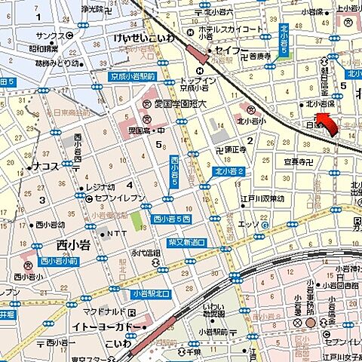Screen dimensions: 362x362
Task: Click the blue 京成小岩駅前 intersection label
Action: pyautogui.click(x=126, y=76)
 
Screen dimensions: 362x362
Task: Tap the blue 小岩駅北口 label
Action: pyautogui.click(x=152, y=293)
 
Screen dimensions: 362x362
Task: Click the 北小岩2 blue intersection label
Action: pyautogui.click(x=229, y=172)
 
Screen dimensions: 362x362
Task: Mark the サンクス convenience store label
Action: pyautogui.click(x=50, y=35)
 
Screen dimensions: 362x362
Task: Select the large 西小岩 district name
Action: pyautogui.click(x=72, y=244)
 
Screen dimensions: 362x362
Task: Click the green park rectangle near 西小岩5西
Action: pyautogui.click(x=137, y=222)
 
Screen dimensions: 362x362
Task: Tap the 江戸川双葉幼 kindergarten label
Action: pyautogui.click(x=262, y=198)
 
